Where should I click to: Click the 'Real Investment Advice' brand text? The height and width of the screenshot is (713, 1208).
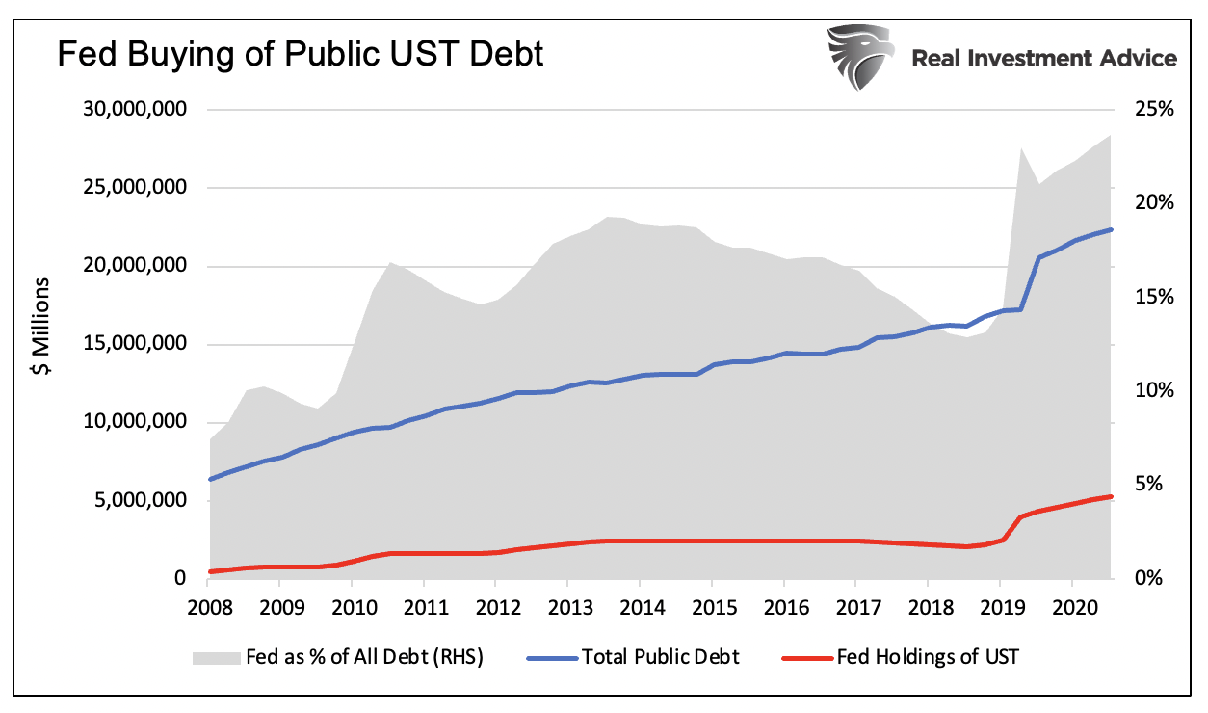(x=1044, y=58)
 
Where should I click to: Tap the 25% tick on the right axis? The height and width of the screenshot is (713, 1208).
(x=1154, y=110)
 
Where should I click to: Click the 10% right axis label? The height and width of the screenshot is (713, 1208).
(x=1154, y=391)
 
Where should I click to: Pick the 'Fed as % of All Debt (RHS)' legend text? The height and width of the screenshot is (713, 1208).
(x=364, y=658)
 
